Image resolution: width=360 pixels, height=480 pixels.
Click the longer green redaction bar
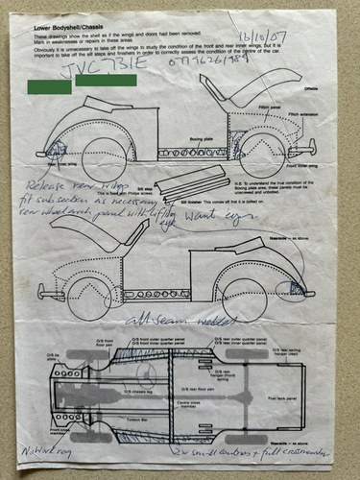106,81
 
